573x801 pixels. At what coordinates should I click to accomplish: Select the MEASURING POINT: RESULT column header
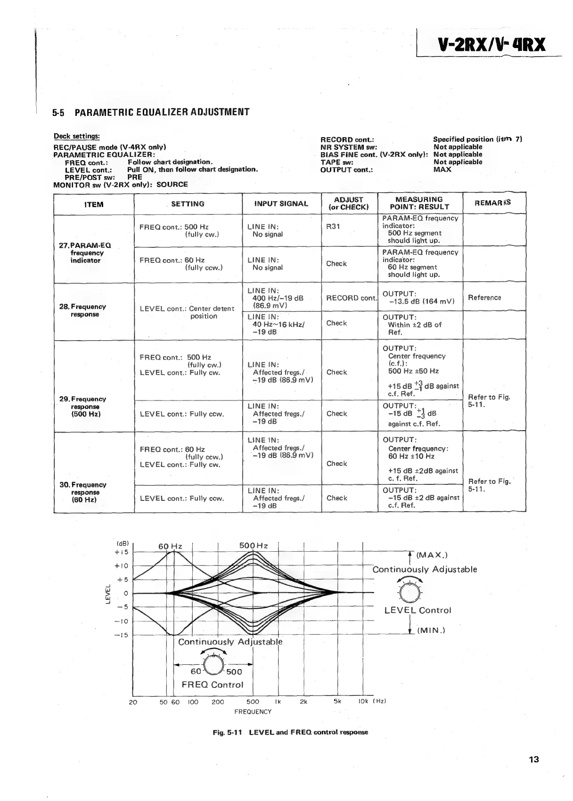click(x=419, y=203)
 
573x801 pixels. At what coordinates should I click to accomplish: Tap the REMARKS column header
click(x=492, y=203)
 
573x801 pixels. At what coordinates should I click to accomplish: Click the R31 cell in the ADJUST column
click(x=333, y=226)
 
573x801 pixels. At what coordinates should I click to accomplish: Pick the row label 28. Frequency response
click(x=83, y=310)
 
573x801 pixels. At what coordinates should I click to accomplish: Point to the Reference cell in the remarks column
click(x=484, y=298)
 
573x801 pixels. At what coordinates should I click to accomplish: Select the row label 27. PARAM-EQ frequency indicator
click(x=85, y=253)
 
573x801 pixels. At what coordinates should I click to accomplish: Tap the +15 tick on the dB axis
click(x=122, y=552)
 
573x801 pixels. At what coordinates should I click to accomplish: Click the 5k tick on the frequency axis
click(x=337, y=701)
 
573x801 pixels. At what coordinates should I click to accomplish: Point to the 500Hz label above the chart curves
click(x=254, y=546)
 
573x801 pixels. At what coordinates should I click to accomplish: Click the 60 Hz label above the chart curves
click(x=170, y=546)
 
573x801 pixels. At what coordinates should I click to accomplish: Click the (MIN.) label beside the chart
click(x=431, y=630)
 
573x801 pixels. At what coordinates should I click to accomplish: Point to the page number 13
click(x=533, y=760)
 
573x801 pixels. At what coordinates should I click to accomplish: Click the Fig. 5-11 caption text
click(x=290, y=732)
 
